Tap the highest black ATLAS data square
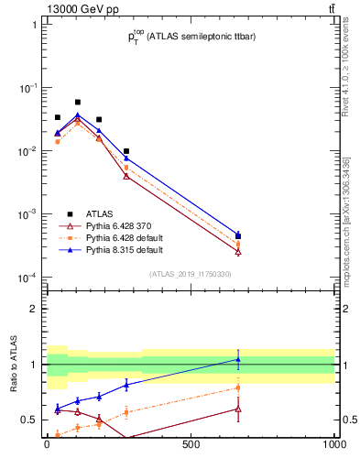78,103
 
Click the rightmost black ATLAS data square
238,236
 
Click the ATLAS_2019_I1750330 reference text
191,274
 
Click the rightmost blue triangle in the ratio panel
238,359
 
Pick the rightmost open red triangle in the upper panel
238,251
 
